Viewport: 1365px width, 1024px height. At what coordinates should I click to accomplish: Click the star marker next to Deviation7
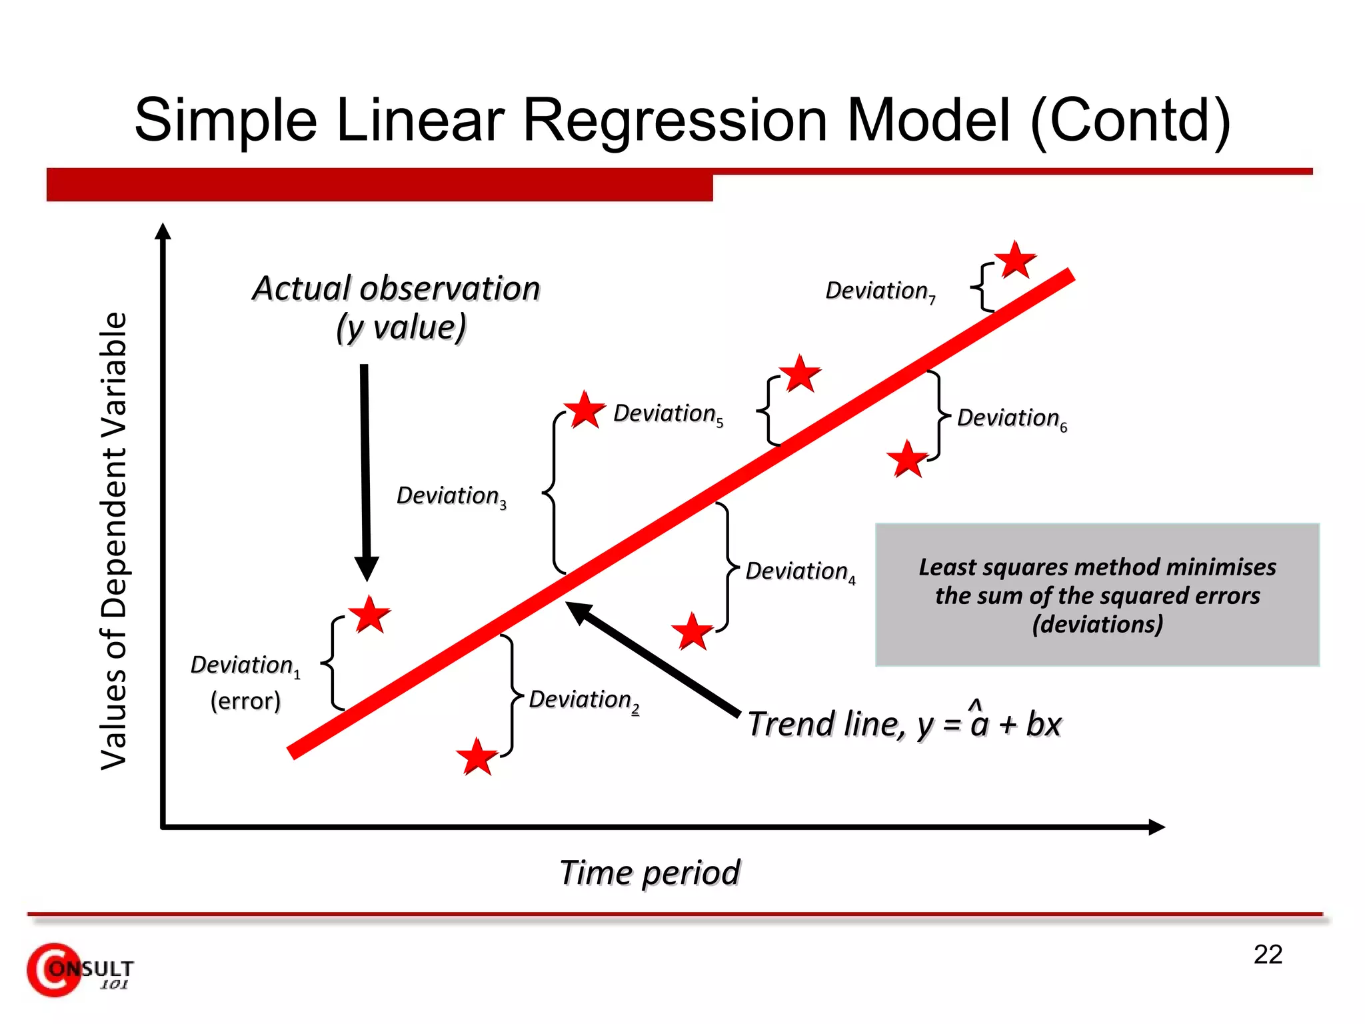(1015, 260)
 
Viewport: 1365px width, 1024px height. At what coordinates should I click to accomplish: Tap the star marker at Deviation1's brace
(369, 615)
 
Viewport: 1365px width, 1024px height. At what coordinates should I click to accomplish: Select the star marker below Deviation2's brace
(477, 757)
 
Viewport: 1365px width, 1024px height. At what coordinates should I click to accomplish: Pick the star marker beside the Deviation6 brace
(907, 459)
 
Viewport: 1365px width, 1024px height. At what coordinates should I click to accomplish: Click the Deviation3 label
(451, 497)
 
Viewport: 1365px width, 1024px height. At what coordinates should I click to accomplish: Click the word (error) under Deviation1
(245, 701)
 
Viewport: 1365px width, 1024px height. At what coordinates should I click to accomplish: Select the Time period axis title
(649, 873)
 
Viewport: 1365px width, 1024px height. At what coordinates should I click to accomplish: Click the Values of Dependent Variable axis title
(113, 540)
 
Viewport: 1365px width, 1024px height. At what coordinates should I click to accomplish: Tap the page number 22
(1268, 955)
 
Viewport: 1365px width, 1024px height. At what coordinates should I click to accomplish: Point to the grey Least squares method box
(1097, 595)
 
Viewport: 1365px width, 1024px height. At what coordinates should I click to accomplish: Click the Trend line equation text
(904, 725)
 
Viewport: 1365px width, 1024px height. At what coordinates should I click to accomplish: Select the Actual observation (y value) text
(397, 308)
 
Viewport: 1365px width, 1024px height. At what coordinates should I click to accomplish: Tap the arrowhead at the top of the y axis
(163, 231)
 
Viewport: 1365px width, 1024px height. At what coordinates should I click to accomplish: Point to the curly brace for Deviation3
(553, 493)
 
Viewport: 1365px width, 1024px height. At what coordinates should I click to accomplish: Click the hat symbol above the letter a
(975, 703)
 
